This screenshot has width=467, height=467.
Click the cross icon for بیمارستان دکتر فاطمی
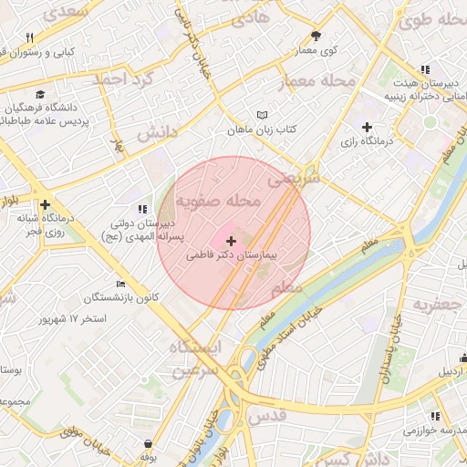(230, 242)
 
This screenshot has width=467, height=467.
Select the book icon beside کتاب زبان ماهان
(264, 116)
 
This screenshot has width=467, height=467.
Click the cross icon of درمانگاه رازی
(367, 127)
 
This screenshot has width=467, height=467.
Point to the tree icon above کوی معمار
(316, 36)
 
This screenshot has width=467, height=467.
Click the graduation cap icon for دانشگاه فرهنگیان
(41, 94)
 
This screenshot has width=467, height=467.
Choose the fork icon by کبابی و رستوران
(29, 37)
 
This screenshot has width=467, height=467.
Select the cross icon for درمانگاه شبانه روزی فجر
(45, 205)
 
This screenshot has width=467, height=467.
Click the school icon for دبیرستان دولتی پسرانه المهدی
(140, 209)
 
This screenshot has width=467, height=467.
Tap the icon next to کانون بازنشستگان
(119, 284)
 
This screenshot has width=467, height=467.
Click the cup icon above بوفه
(148, 443)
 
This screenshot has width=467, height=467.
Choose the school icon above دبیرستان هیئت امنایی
(424, 69)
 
